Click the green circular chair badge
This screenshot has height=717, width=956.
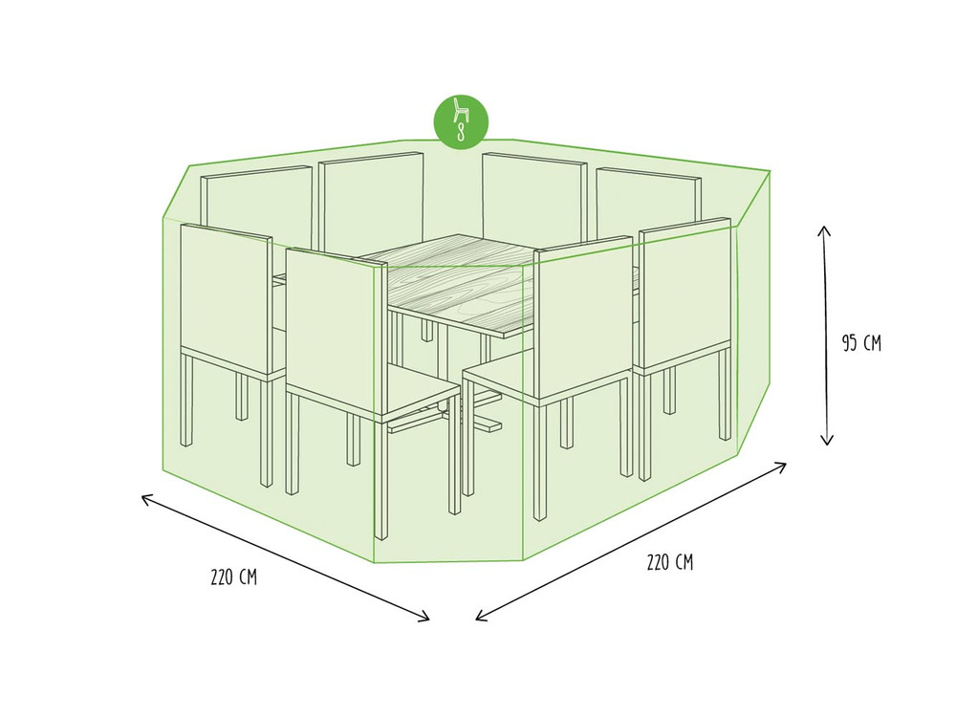[461, 121]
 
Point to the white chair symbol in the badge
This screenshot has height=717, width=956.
[461, 110]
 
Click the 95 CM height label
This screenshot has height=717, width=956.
[861, 343]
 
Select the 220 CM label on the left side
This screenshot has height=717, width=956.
[233, 576]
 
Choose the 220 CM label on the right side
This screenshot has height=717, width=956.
[669, 562]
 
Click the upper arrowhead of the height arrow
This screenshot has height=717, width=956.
[824, 230]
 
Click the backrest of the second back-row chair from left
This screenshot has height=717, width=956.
[371, 201]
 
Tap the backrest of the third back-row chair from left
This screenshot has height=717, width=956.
[534, 196]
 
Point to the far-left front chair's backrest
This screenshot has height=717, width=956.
[227, 298]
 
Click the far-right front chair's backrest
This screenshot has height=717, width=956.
[684, 293]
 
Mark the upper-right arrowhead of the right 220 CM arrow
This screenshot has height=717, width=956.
[780, 467]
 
